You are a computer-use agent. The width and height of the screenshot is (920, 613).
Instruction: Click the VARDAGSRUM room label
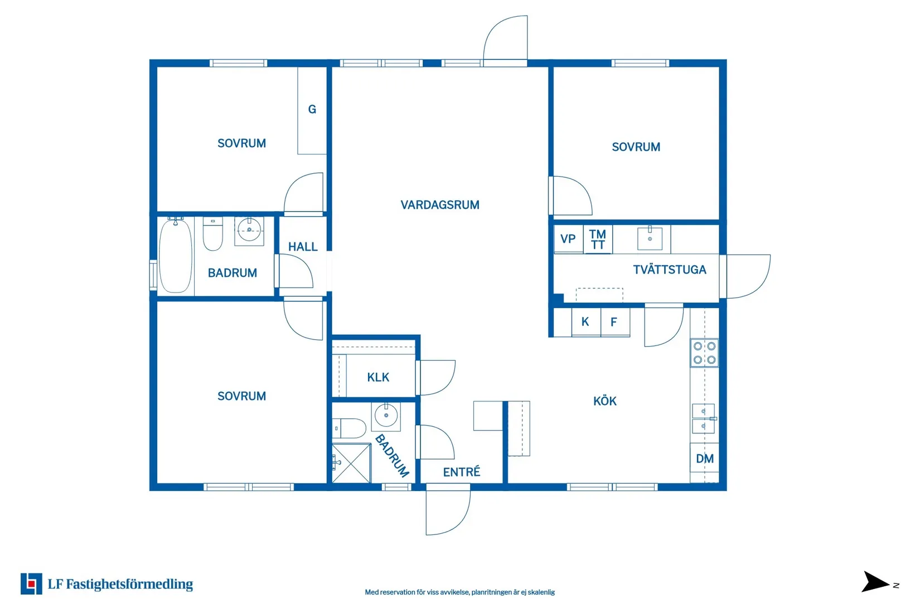coord(440,205)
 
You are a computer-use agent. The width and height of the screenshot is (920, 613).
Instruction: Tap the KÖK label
coord(605,401)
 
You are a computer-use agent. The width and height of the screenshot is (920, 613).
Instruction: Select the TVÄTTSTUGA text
coord(670,270)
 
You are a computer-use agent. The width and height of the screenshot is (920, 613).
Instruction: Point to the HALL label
coord(303,247)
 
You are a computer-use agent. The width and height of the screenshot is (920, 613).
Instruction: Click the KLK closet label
coord(378,377)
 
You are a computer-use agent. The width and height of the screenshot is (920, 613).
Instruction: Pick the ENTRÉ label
coord(462,472)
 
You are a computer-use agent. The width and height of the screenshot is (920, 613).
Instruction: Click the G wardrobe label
coord(312,109)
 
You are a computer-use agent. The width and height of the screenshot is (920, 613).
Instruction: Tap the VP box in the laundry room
coord(568,239)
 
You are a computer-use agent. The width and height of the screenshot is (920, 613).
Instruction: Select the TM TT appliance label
coord(598,240)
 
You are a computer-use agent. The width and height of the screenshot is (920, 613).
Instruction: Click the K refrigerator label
coord(585,322)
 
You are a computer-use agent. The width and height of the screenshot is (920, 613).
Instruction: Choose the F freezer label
coord(613,322)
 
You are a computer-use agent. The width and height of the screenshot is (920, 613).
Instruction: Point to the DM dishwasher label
coord(705,459)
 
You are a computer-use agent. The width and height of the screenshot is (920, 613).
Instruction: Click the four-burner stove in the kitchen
coord(704,353)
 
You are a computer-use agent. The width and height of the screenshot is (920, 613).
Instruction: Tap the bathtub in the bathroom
coord(176,255)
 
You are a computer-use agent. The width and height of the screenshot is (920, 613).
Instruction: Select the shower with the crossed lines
coord(351,464)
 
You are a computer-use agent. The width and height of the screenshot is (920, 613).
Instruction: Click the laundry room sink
coord(650,238)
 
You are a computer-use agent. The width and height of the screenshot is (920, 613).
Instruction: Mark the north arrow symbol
coord(875,582)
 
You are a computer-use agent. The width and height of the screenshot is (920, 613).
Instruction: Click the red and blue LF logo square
coord(31,583)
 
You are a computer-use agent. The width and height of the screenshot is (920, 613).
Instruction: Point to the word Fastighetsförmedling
coord(129,584)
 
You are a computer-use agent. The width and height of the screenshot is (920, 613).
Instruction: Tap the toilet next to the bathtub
coord(213,234)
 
